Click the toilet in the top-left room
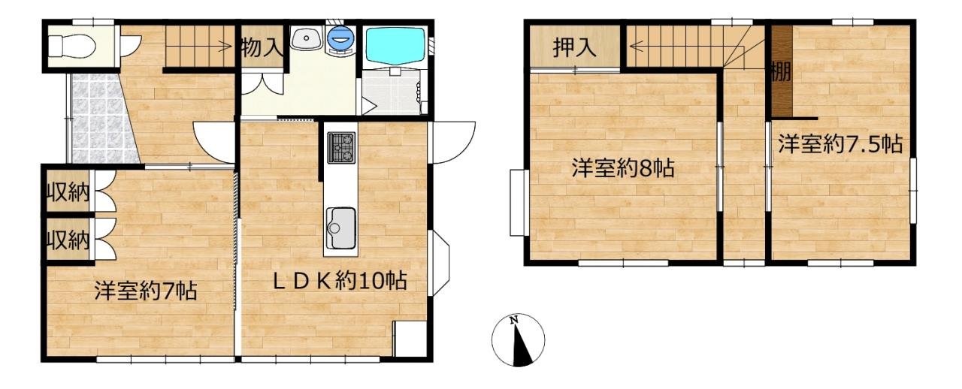point(71,46)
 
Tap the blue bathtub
point(395,46)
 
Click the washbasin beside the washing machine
point(306,38)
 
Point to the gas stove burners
point(342,148)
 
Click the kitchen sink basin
point(341,228)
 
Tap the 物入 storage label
point(262,47)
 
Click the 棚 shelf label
point(781,71)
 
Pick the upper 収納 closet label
point(68,191)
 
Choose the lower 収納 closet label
point(68,240)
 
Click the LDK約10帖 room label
point(340,281)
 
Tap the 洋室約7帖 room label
point(146,290)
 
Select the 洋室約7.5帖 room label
point(840,144)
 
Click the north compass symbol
point(519,340)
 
